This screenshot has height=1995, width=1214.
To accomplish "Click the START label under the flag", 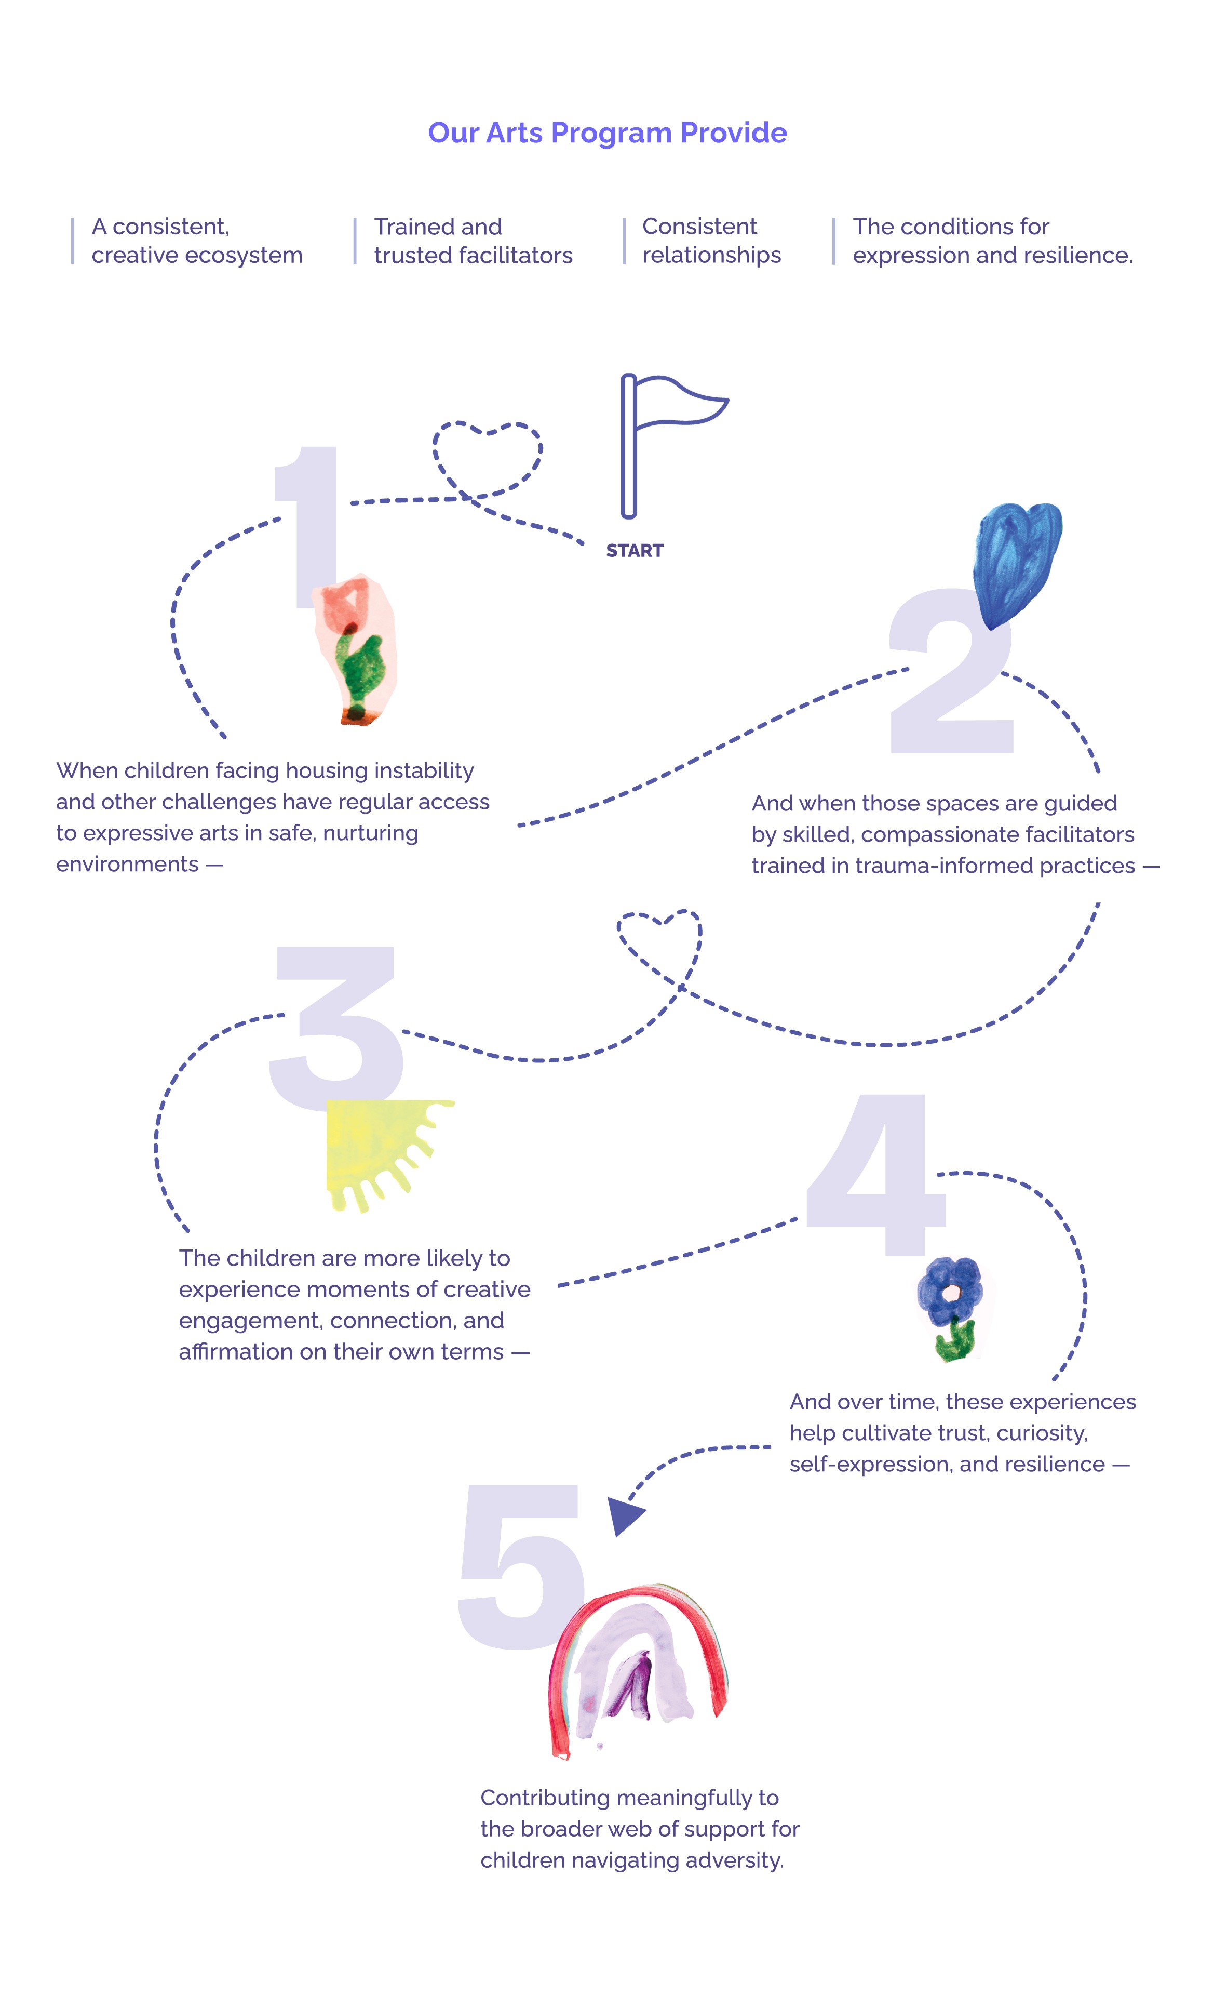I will [x=635, y=551].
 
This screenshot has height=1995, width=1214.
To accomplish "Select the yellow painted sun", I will [x=376, y=1150].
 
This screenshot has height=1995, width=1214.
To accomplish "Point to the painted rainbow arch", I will [x=639, y=1660].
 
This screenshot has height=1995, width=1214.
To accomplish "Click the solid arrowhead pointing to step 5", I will [x=625, y=1514].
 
